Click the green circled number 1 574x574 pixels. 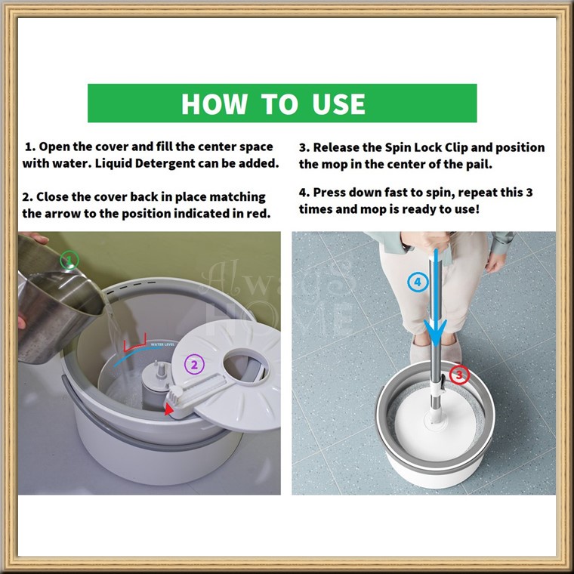tap(69, 261)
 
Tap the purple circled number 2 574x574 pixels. tap(194, 364)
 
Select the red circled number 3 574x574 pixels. tap(459, 375)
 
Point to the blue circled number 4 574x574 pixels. tap(418, 282)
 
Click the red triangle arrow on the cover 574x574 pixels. tap(168, 409)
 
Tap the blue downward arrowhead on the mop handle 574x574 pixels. tap(435, 332)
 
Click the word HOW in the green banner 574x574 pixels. tap(214, 104)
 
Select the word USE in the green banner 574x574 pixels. tap(338, 104)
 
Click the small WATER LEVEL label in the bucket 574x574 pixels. tap(163, 344)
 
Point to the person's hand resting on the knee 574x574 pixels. tap(496, 261)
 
